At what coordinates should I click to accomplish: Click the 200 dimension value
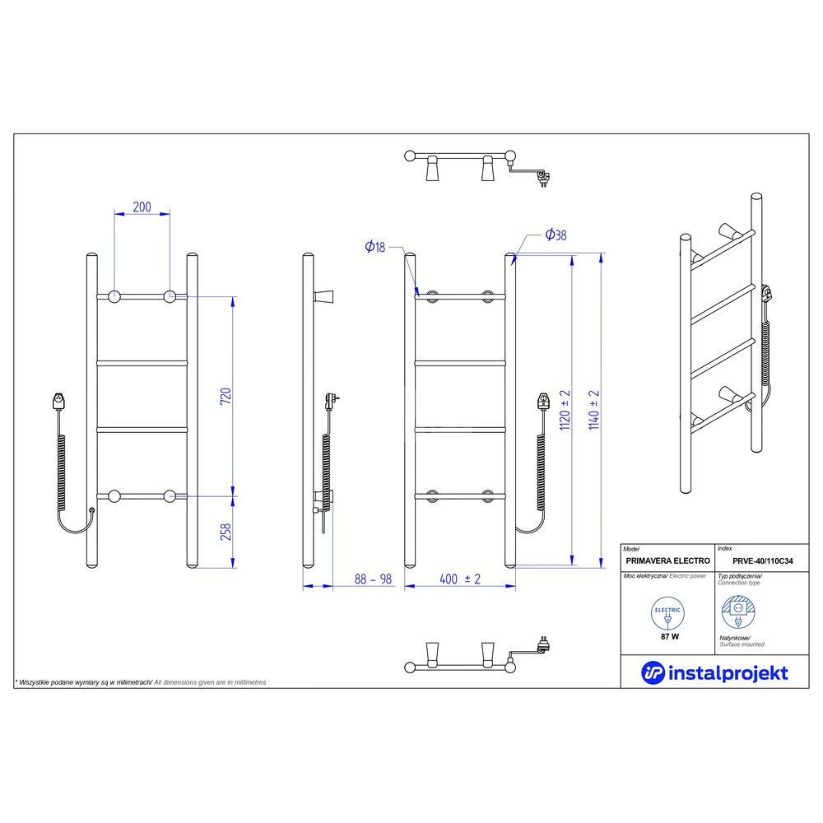pyautogui.click(x=142, y=207)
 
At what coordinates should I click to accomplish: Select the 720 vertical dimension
pyautogui.click(x=226, y=396)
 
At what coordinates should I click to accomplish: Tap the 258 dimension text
pyautogui.click(x=226, y=532)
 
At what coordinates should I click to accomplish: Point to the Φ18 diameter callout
pyautogui.click(x=375, y=247)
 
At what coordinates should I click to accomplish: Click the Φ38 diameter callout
pyautogui.click(x=556, y=235)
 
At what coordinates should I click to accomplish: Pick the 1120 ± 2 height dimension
pyautogui.click(x=565, y=410)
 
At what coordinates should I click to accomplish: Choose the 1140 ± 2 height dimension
pyautogui.click(x=594, y=410)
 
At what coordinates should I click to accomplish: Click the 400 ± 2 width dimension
pyautogui.click(x=460, y=579)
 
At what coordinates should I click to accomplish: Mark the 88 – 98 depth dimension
pyautogui.click(x=373, y=579)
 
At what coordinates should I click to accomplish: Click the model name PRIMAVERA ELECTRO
pyautogui.click(x=667, y=560)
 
